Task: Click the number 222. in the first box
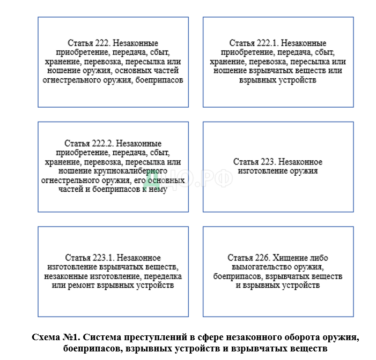pyautogui.click(x=101, y=43)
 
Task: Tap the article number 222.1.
pyautogui.click(x=266, y=43)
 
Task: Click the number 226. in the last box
pyautogui.click(x=263, y=258)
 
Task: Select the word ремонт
pyautogui.click(x=78, y=286)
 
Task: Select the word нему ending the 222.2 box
pyautogui.click(x=157, y=189)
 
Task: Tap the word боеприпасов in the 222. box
pyautogui.click(x=160, y=80)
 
